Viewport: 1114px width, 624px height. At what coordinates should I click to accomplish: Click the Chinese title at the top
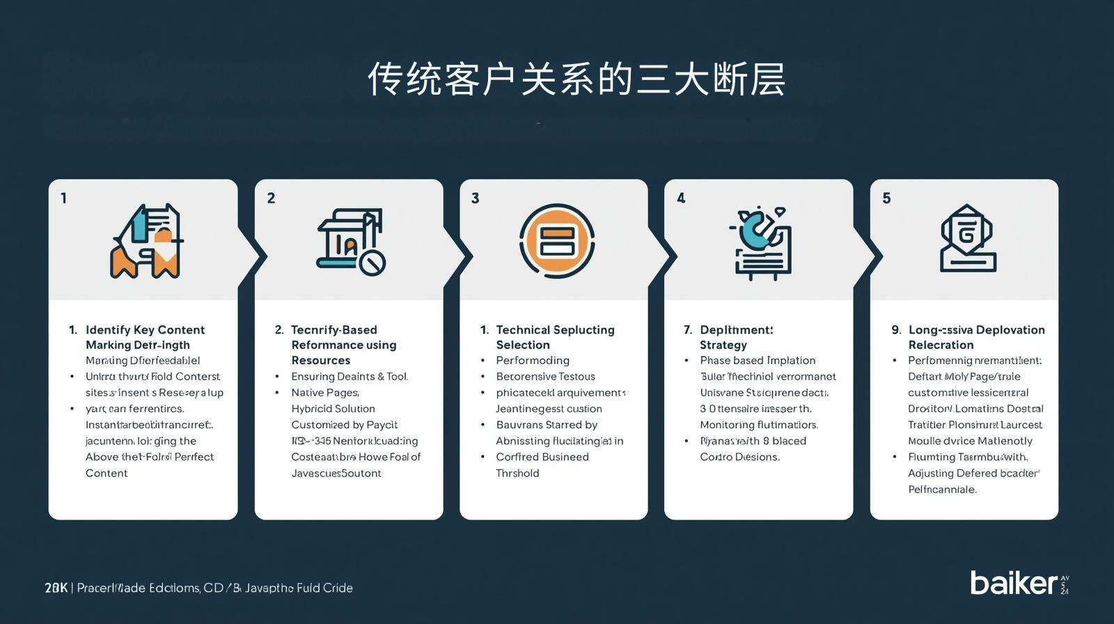[576, 79]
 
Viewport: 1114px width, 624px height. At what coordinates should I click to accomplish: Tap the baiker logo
[1014, 583]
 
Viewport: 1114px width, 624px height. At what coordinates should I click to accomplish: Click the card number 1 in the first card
[63, 198]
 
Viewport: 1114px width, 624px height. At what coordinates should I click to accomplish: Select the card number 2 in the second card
[271, 198]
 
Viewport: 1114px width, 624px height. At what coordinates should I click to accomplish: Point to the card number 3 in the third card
[475, 198]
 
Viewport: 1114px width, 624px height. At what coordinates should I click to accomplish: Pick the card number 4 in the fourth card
[681, 198]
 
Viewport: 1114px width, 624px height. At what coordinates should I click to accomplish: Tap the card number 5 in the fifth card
[886, 198]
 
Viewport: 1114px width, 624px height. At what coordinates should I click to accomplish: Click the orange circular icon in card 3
[556, 241]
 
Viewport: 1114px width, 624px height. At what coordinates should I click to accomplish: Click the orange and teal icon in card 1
[147, 241]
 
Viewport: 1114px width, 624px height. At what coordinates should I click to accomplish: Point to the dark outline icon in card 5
[968, 239]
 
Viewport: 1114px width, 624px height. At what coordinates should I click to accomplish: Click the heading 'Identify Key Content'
[145, 329]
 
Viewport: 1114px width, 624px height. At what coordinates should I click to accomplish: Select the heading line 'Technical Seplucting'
[555, 329]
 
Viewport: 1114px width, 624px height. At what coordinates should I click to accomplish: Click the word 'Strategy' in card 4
[723, 345]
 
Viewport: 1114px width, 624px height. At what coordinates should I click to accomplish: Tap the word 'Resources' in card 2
[320, 360]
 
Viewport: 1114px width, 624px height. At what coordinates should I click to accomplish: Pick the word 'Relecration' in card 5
[941, 345]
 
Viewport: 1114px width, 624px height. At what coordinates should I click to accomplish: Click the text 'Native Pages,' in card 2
[325, 393]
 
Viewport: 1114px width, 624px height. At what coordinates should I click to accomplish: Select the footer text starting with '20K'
[198, 588]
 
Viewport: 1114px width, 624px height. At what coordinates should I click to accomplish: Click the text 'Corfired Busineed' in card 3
[542, 457]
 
